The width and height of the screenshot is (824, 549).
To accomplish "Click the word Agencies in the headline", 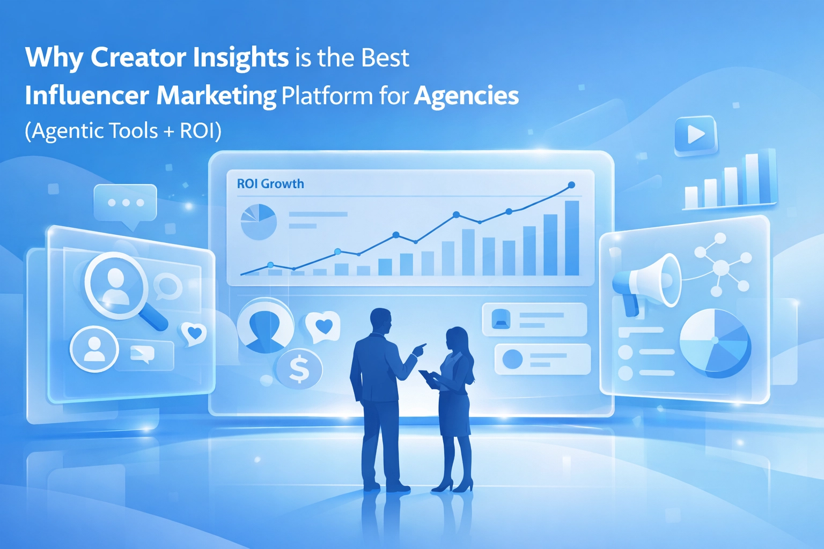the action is [x=466, y=96].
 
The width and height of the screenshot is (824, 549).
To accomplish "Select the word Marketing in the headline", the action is [x=216, y=96].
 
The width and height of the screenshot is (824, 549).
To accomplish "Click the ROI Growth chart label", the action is [x=270, y=183].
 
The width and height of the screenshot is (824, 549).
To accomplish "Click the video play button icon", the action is [x=696, y=135].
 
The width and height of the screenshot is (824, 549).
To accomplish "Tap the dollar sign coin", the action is [x=299, y=369].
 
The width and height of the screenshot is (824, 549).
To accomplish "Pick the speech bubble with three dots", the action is [x=126, y=206].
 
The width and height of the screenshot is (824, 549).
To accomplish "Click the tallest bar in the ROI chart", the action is [x=572, y=238].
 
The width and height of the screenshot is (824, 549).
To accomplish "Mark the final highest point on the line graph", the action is [x=571, y=185].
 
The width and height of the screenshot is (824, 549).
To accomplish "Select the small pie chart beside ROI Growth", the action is [x=259, y=222].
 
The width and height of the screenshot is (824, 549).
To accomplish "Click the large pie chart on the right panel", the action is [x=715, y=342].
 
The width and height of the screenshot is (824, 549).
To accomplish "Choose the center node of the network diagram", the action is [x=721, y=267].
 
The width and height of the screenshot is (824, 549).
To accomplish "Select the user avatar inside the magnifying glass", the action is [x=115, y=286].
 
